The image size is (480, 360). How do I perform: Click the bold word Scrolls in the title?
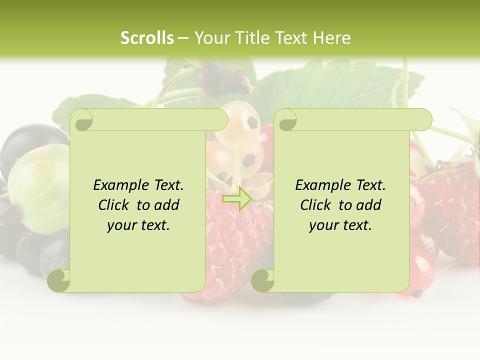pos(147,37)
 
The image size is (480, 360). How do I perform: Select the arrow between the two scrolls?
pos(237,198)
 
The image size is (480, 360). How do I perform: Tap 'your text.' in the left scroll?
pos(138,225)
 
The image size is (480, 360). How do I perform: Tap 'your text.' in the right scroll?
pos(340,225)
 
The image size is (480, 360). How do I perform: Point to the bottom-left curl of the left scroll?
pos(59,280)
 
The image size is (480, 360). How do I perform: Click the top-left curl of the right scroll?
pos(286,120)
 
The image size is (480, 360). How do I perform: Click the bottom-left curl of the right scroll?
pos(262,280)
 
